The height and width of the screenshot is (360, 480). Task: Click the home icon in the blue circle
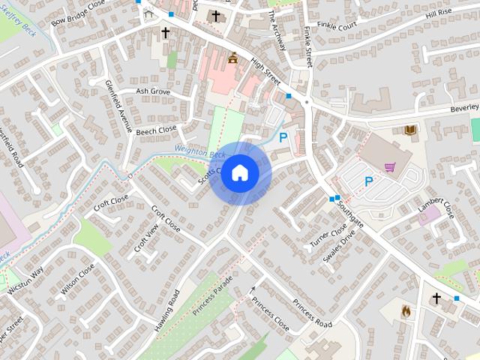coord(239,172)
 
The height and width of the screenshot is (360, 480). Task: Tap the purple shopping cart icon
coord(389,166)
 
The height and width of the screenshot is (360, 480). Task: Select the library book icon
coord(410,130)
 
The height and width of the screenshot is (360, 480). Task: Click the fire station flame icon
coord(406,310)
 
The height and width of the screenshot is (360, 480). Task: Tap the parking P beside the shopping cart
coord(369,181)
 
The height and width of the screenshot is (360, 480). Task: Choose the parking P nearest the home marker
coord(283,137)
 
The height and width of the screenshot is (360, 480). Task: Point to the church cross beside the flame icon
coord(436,298)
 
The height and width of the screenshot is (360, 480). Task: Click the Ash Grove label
coord(153,91)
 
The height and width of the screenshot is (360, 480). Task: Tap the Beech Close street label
coord(157,129)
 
